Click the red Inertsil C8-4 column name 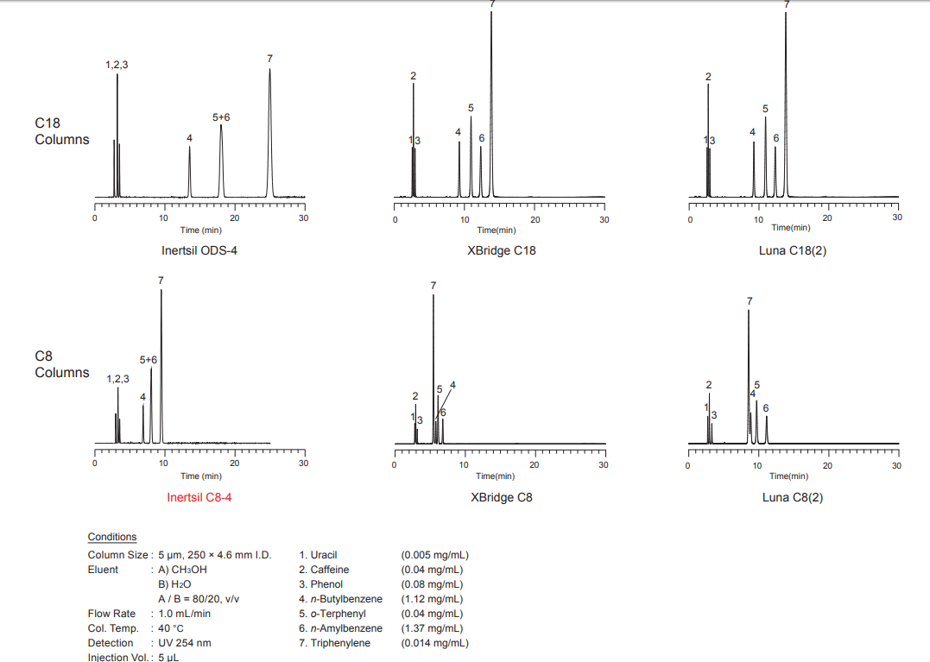[199, 497]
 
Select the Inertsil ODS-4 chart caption [199, 251]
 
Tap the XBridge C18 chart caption [496, 251]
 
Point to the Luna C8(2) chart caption [793, 497]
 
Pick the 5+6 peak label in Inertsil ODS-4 [221, 117]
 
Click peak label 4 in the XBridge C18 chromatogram [458, 132]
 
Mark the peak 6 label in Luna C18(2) [776, 138]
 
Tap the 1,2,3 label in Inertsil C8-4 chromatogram [117, 378]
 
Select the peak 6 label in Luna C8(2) [765, 407]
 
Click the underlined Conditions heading [112, 537]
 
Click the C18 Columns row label [61, 131]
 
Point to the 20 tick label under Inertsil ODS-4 [234, 218]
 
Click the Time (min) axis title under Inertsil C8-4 [201, 476]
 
